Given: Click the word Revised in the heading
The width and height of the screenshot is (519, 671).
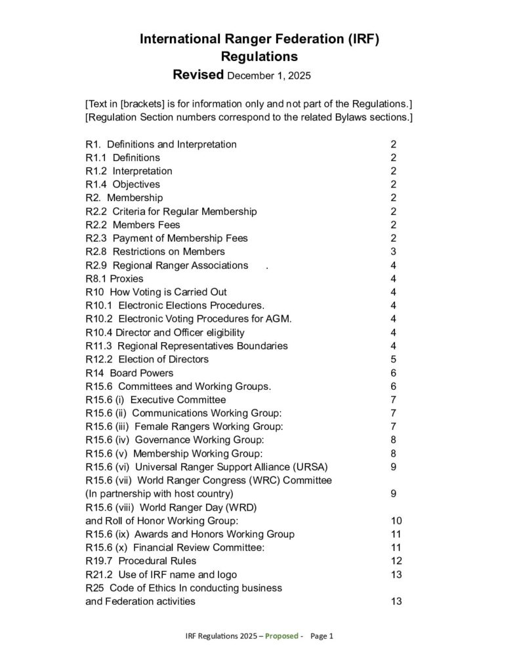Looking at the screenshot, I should point(197,74).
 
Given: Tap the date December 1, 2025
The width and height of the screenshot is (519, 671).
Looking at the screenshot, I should point(268,75).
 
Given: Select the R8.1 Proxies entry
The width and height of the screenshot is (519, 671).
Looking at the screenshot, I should point(114,278).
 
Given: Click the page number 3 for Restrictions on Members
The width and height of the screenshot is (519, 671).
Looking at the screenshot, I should point(393,252).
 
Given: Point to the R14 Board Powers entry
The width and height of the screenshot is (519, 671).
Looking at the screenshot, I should point(129,373).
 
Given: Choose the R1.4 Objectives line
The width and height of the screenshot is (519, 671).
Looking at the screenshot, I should point(123,184).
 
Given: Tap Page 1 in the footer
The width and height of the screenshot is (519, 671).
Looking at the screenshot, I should point(322,636).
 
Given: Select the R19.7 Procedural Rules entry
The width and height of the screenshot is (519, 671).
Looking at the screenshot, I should point(140,561).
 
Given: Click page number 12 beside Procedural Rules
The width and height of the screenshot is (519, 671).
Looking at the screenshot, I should point(396,561).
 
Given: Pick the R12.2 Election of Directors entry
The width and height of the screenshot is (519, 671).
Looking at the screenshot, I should point(147,359).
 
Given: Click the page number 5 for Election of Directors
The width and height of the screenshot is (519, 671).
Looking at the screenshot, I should point(393,359).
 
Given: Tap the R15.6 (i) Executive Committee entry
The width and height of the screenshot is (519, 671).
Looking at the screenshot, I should point(156,400).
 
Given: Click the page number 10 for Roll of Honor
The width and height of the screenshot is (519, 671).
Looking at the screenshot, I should point(396,520).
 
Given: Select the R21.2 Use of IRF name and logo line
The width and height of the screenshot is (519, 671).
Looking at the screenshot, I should point(161,575).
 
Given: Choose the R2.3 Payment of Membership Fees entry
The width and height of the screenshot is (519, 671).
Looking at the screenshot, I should point(167,238).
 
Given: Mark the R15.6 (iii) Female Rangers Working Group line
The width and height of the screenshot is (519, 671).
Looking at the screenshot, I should point(184,427).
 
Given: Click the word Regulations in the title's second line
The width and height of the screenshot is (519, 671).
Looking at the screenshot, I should point(259,56).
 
